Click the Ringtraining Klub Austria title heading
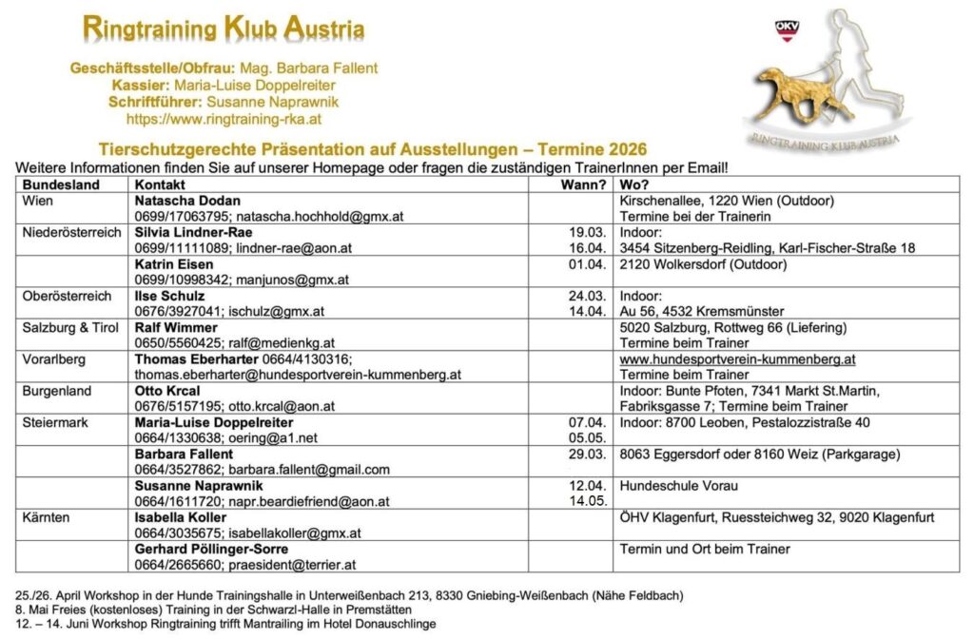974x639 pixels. coord(224,29)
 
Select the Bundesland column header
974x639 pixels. coord(61,184)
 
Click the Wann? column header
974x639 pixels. coord(585,184)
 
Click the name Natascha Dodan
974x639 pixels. coord(187,202)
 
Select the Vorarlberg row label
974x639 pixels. coord(55,359)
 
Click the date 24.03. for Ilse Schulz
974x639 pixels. coord(587,296)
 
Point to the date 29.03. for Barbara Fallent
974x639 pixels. coord(587,455)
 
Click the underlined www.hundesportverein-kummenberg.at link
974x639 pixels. coord(737,359)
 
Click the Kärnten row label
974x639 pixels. coord(48,517)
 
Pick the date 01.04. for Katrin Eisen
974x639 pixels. coord(587,264)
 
